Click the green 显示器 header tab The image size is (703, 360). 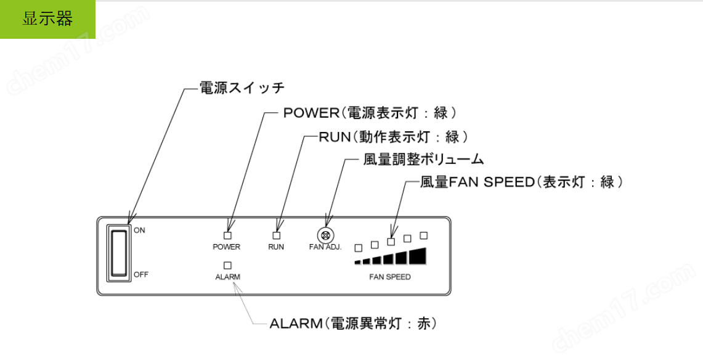47,19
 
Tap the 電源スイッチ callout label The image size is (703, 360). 242,88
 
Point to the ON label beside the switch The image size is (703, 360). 139,231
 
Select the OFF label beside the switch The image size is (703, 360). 141,274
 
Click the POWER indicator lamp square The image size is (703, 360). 227,235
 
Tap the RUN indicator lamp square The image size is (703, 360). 276,235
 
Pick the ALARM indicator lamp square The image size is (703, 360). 227,265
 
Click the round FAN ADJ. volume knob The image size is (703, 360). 325,235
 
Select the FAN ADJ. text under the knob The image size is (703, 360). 325,247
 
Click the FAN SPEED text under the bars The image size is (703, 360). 389,277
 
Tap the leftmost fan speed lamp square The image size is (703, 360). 358,248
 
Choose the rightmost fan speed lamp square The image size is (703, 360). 423,235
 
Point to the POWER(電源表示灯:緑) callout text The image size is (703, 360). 370,113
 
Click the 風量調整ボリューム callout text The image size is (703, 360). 423,159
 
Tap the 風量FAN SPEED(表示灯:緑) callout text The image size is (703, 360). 521,182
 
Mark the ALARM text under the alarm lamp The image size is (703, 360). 227,277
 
